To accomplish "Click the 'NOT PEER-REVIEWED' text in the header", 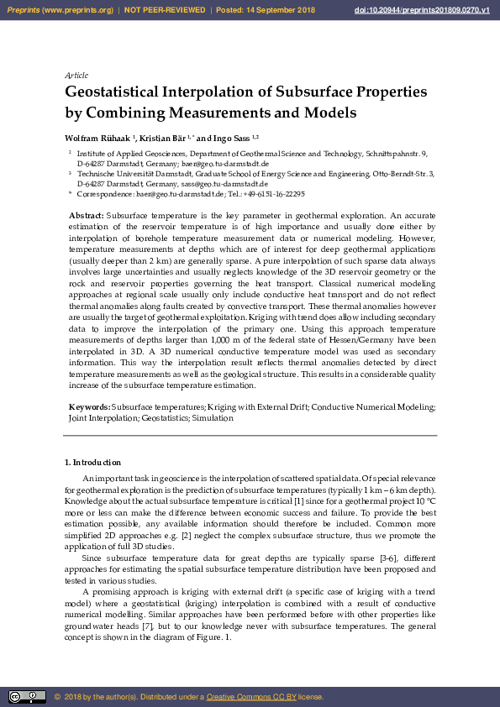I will pos(165,9).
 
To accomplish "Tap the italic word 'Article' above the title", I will pos(76,76).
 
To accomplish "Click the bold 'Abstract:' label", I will pos(87,216).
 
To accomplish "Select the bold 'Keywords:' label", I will pos(89,407).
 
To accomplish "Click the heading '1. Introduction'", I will pos(92,463).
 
